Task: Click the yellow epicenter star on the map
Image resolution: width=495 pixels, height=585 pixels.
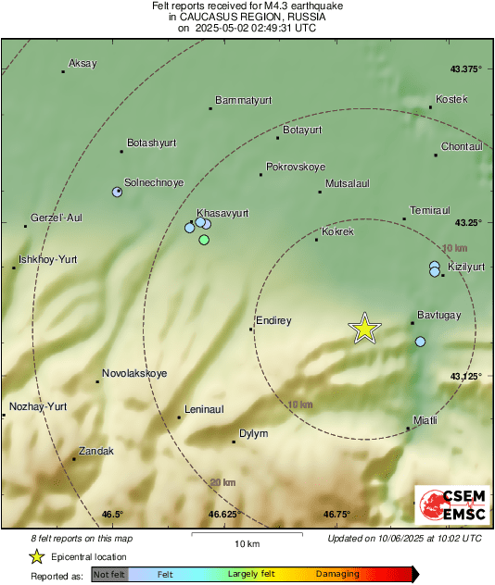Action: [365, 329]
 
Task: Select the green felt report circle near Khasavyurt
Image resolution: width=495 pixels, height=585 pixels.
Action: [204, 240]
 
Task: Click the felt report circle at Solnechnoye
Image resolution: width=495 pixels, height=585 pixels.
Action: [117, 192]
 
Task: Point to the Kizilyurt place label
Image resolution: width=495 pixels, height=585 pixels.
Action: [466, 267]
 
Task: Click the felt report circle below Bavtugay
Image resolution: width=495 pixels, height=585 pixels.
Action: [420, 342]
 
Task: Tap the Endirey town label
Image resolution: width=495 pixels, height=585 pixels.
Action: [274, 321]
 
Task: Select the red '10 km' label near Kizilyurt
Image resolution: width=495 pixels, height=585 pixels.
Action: [454, 248]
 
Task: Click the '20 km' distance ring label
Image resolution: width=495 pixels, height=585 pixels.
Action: [222, 482]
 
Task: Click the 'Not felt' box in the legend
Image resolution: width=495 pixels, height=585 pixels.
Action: [108, 574]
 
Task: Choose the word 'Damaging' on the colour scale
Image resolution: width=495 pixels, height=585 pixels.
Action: [337, 574]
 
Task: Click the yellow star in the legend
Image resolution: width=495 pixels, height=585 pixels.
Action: [36, 556]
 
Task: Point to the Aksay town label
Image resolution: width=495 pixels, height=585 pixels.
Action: [82, 64]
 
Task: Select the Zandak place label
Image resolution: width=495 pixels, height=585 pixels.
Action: [96, 452]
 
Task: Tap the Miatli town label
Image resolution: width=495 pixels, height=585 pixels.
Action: [425, 419]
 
